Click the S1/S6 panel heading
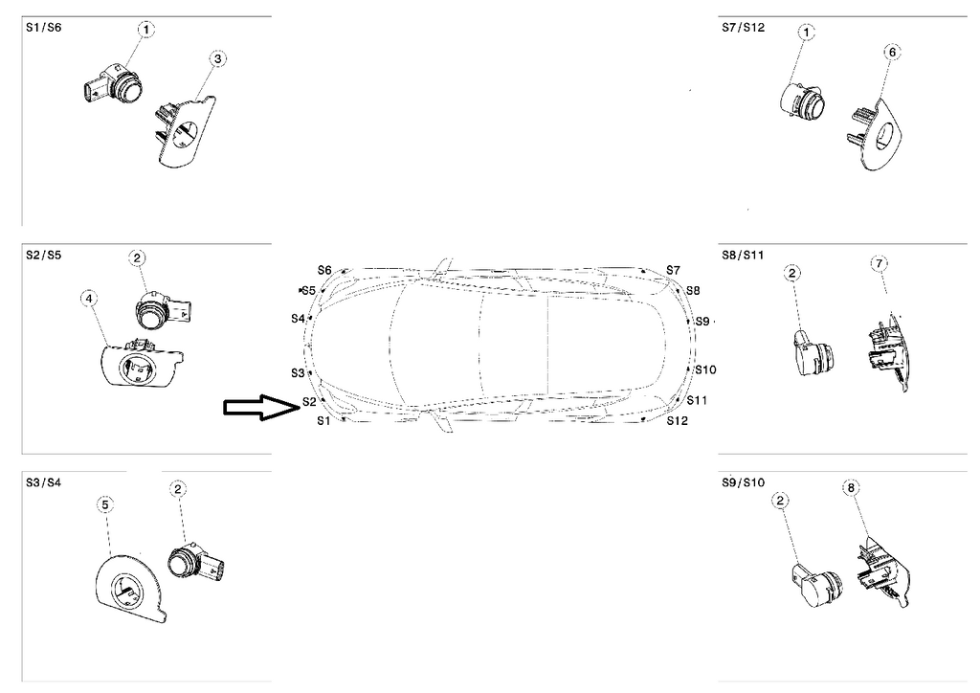point(44,28)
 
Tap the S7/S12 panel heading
point(743,28)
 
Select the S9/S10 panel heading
point(743,482)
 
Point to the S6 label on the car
point(324,271)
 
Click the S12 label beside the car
point(677,420)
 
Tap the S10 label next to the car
point(705,369)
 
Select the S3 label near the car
point(298,373)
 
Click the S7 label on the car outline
point(673,270)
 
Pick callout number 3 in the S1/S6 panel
point(217,59)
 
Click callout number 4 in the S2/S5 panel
point(89,299)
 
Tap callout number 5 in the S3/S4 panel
point(105,504)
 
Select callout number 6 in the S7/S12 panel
point(892,53)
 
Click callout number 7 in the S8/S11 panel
point(879,263)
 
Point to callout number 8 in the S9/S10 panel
point(851,487)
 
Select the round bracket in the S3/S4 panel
point(131,585)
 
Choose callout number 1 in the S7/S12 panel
point(807,33)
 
